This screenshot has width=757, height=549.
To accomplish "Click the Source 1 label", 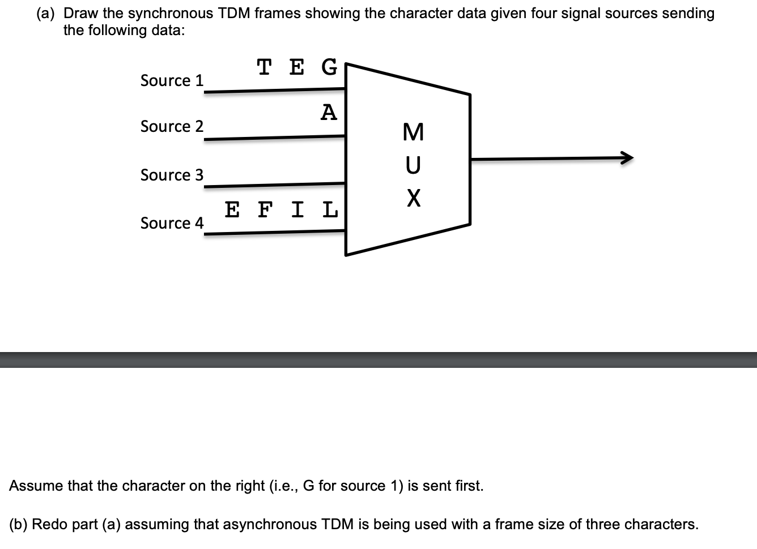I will (172, 80).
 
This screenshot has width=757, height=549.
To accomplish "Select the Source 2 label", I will (172, 126).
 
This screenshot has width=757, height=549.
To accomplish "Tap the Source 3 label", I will (172, 175).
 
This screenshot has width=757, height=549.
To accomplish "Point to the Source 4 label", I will (172, 223).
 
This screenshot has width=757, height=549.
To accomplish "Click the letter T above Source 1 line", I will (263, 67).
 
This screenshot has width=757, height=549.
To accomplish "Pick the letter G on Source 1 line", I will (329, 67).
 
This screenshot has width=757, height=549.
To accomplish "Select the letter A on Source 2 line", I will (329, 113).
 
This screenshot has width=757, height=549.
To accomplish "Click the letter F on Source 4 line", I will (265, 209).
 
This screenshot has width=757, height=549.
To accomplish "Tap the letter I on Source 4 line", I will (297, 209).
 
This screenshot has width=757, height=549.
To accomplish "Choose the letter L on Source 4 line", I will (330, 209).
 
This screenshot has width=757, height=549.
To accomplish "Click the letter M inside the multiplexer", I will (413, 132).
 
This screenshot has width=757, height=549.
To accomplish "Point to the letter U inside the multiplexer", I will (413, 165).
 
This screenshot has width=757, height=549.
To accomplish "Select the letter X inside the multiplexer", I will (414, 198).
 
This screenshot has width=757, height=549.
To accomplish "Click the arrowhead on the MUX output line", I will (627, 158).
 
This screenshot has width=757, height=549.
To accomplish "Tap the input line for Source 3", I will (274, 185).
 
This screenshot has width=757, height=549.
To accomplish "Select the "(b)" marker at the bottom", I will (18, 524).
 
